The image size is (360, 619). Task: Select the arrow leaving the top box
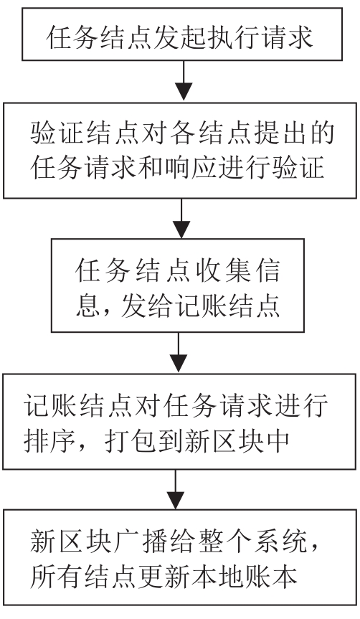click(x=184, y=81)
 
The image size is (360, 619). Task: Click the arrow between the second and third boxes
click(x=181, y=218)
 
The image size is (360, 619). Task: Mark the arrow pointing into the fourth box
click(x=179, y=352)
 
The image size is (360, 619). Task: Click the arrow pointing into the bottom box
click(x=175, y=488)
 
